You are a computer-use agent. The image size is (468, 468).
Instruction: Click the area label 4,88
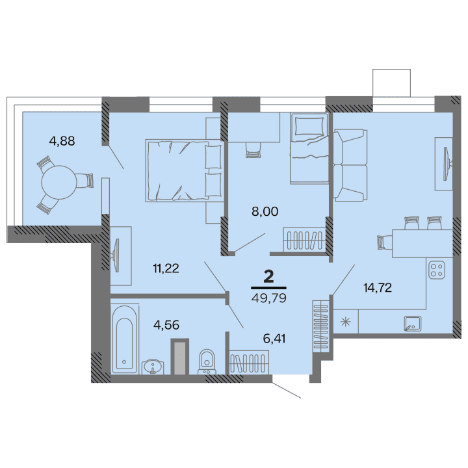click(62, 140)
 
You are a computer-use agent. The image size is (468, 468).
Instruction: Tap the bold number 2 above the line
click(268, 276)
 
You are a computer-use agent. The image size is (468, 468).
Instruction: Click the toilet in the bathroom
click(207, 359)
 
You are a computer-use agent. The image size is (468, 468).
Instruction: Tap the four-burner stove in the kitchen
click(437, 268)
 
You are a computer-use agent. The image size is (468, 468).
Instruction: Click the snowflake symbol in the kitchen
click(345, 321)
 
